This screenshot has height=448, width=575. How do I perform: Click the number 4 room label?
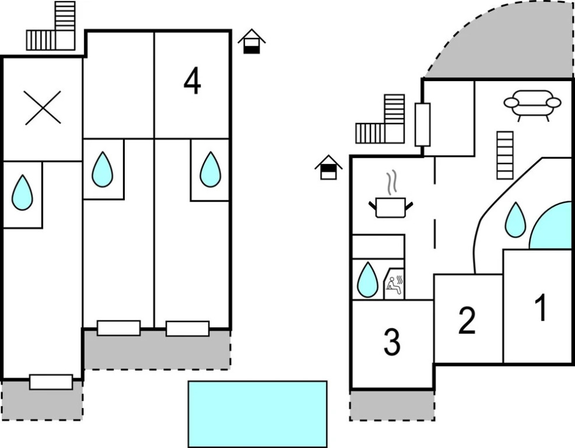pos(192,82)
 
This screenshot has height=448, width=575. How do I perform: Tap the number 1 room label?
pos(541,307)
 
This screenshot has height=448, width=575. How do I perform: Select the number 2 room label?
pos(467,320)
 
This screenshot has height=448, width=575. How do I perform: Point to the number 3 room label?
pos(392,342)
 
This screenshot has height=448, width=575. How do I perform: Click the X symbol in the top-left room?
pos(43,107)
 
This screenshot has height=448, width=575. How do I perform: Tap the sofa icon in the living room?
pos(532,104)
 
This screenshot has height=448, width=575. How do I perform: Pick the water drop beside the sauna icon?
pos(367,279)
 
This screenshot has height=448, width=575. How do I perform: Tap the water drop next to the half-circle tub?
pos(515,219)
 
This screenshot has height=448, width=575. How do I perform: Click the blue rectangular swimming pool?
pos(257,414)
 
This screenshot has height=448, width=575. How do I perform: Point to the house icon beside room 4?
pos(251,41)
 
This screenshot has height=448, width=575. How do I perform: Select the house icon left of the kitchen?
pos(329,167)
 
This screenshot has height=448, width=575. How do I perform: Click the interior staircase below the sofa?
pos(505,155)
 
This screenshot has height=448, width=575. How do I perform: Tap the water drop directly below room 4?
pos(210,169)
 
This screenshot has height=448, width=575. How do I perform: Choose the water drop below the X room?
pos(23,192)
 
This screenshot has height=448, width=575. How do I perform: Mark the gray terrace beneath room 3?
pos(392,405)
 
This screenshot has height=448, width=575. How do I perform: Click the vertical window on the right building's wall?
pos(423,124)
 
